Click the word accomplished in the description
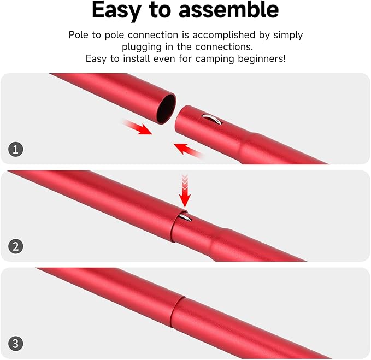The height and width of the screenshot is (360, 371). [x=217, y=35]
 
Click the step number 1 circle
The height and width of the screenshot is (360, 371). [x=16, y=149]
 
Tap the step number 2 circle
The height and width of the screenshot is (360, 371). [x=16, y=246]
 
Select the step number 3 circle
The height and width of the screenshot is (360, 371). [x=16, y=344]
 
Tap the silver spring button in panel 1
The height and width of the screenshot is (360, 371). [x=210, y=117]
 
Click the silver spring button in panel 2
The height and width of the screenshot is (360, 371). [x=185, y=219]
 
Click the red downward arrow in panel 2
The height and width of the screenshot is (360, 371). [x=185, y=191]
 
